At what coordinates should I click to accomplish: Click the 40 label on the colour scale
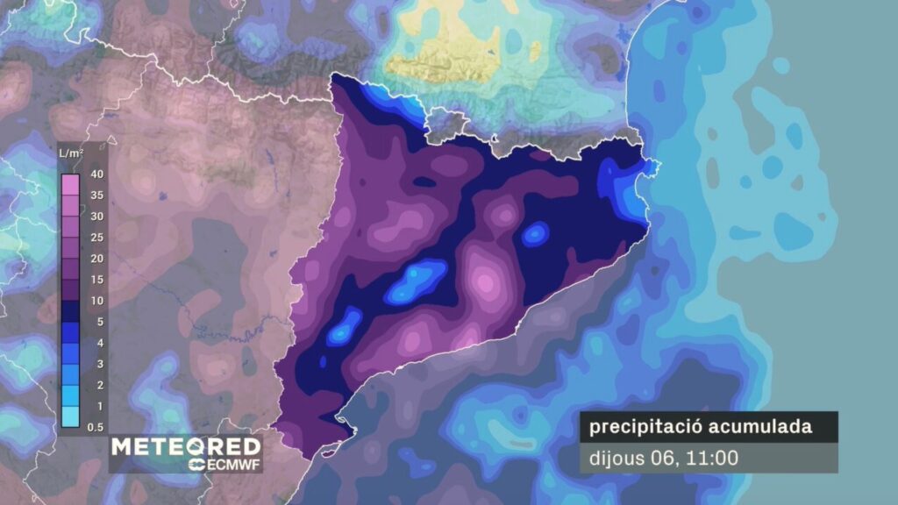coord(97,174)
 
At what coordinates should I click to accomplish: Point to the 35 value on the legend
coord(97,196)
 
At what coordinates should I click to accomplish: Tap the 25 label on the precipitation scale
coord(97,238)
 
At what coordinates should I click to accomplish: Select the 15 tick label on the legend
coord(97,280)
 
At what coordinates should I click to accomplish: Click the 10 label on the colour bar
coord(97,301)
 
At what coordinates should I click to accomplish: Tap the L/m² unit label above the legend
coord(71,154)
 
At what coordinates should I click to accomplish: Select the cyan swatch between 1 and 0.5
coord(71,416)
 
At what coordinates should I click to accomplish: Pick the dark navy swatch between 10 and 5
coord(71,311)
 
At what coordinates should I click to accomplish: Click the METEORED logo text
coord(185,446)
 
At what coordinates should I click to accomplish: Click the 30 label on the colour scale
coord(97,217)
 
